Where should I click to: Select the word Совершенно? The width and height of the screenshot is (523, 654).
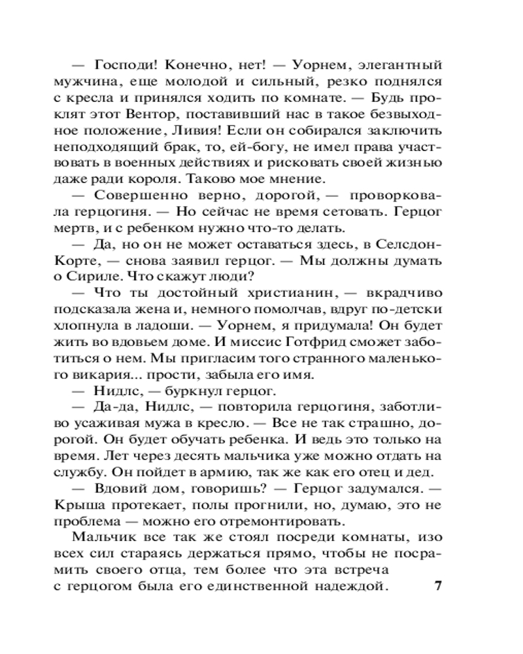[x=134, y=196]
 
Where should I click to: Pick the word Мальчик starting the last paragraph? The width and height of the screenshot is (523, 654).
[x=100, y=537]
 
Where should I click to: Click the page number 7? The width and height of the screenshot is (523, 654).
[x=438, y=585]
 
